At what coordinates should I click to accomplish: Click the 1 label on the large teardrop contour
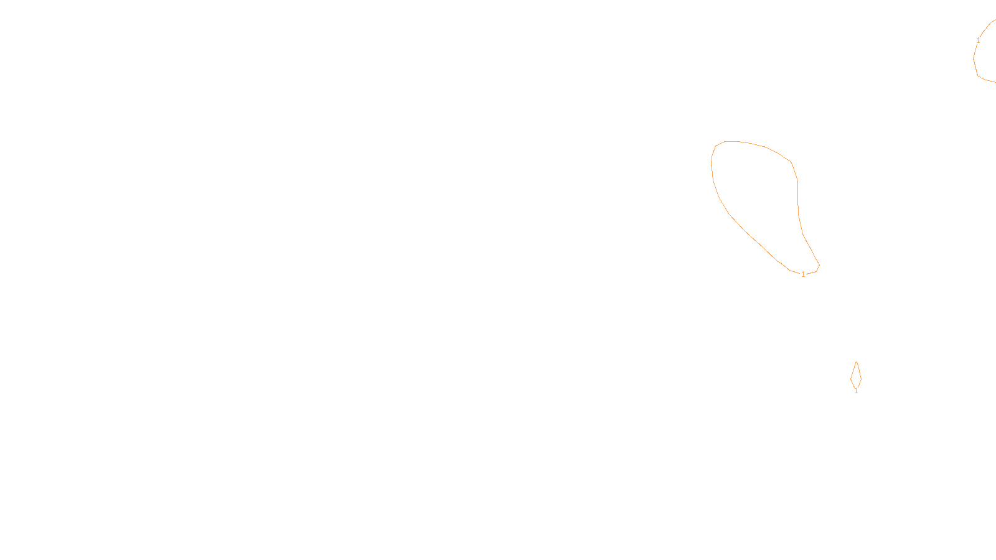(x=803, y=274)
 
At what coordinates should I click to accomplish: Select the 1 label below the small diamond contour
(x=856, y=391)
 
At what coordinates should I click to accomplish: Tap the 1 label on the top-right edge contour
(x=978, y=40)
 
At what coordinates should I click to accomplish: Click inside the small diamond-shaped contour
(x=856, y=376)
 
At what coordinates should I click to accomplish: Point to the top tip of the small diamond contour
(x=857, y=362)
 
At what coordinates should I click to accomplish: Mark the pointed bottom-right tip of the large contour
(x=819, y=266)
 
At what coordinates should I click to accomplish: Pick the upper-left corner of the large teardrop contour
(x=716, y=146)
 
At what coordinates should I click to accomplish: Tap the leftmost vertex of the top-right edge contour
(x=974, y=58)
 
